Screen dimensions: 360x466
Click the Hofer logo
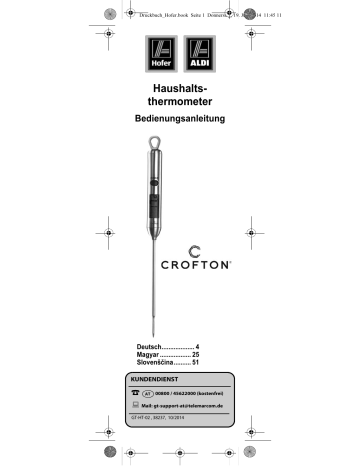pyautogui.click(x=161, y=52)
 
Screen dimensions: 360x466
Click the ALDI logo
pyautogui.click(x=200, y=52)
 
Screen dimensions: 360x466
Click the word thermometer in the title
pyautogui.click(x=180, y=103)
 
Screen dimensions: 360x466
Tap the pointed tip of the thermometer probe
pyautogui.click(x=152, y=332)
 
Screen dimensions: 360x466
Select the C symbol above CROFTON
pyautogui.click(x=196, y=248)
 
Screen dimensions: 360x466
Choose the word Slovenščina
pyautogui.click(x=160, y=364)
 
